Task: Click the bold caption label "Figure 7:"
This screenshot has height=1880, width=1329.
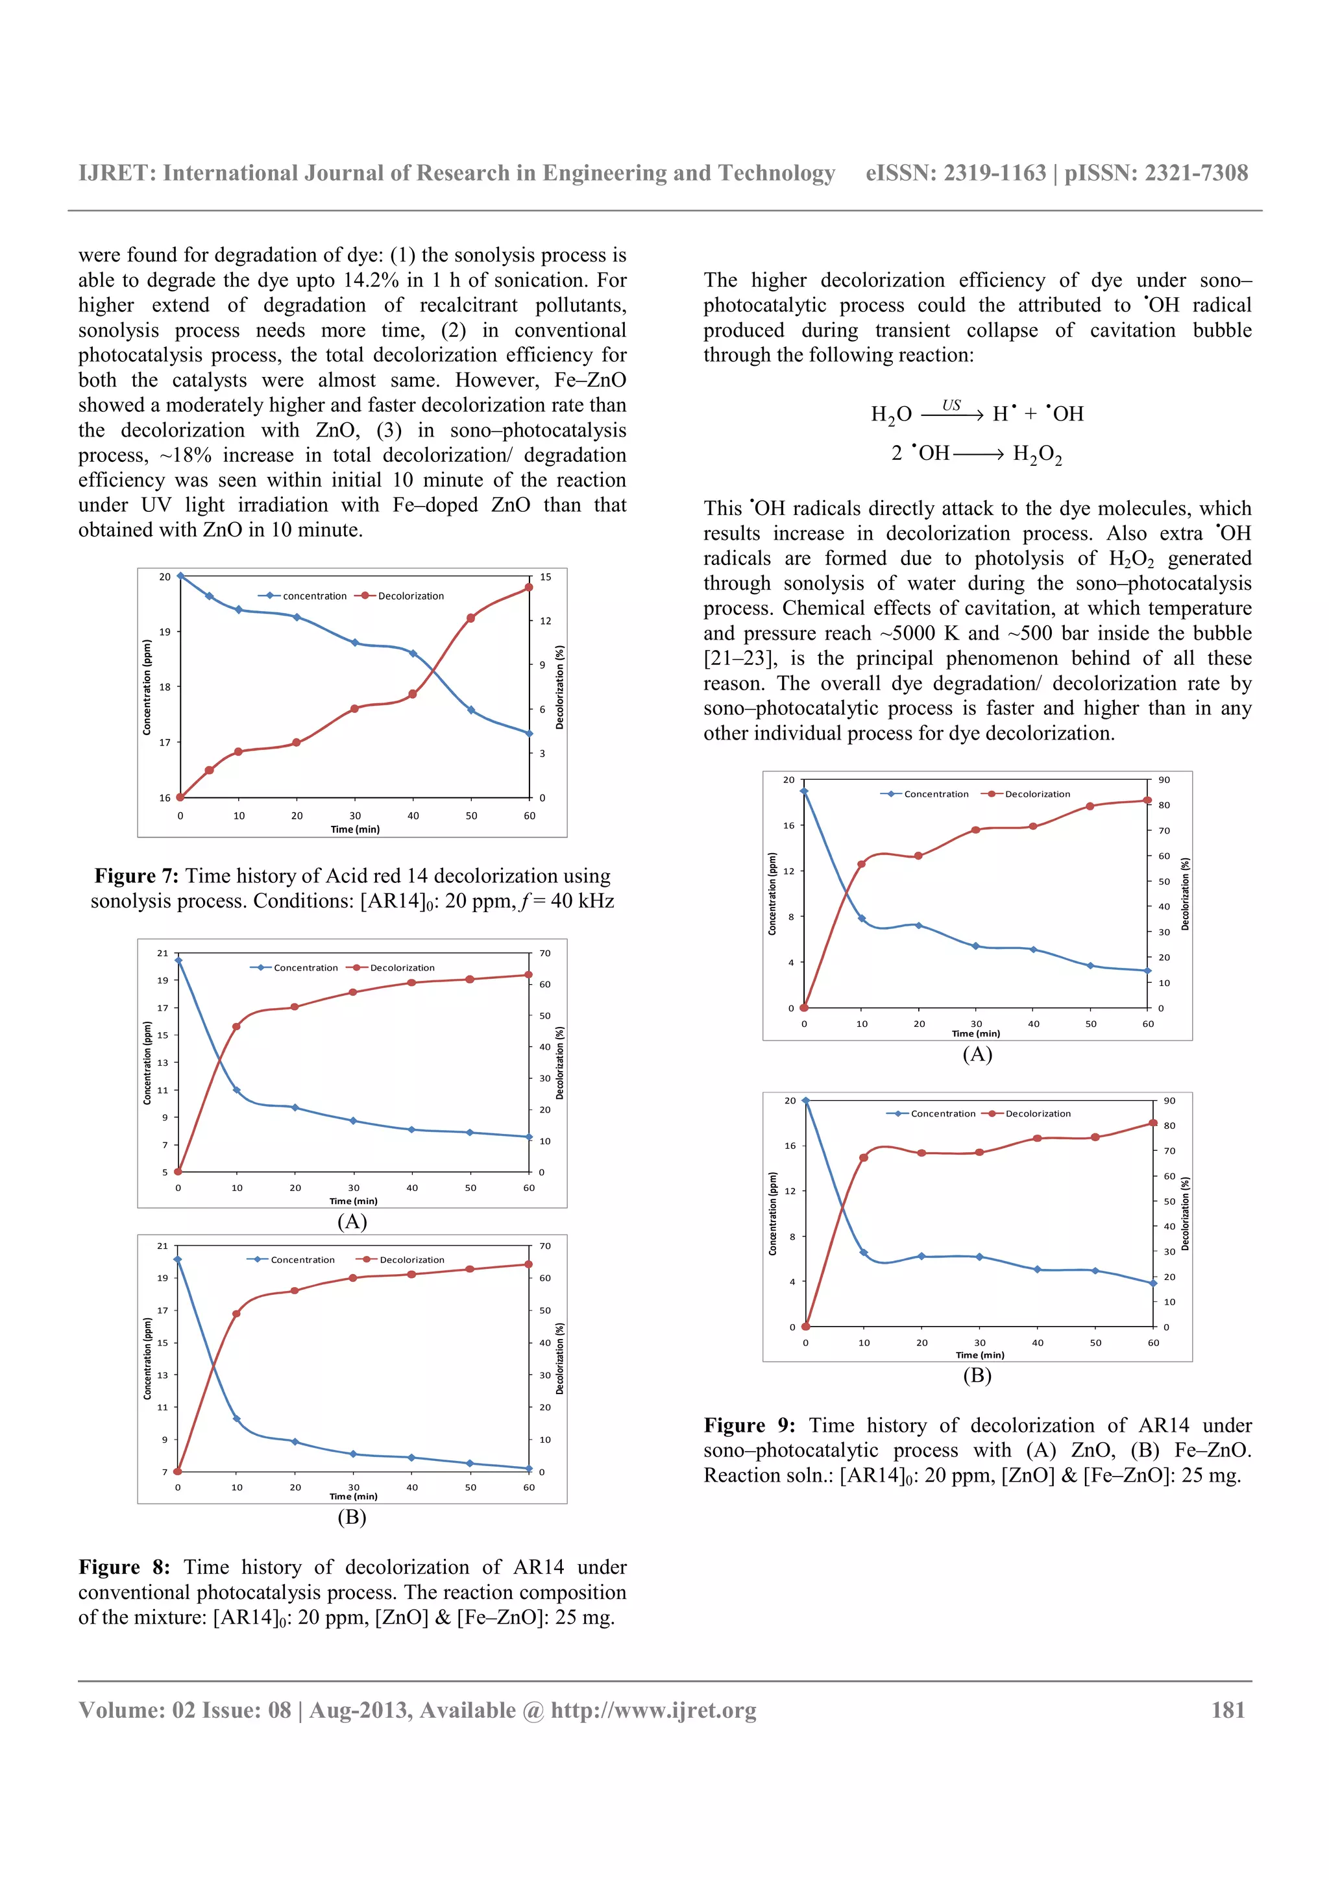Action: coord(136,876)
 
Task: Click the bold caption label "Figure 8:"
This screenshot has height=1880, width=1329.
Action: coord(124,1567)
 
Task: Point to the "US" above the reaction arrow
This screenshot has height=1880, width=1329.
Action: coord(951,405)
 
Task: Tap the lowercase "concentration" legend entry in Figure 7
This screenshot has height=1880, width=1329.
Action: coord(315,596)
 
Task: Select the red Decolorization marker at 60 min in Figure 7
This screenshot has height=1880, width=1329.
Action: coord(528,587)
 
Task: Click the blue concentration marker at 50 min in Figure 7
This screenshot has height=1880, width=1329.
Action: coord(471,710)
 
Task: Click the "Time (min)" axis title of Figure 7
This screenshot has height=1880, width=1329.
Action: coord(354,830)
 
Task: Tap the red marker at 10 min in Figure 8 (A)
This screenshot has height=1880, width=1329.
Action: coord(237,1026)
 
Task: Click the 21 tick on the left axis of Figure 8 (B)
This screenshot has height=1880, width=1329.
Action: coord(162,1246)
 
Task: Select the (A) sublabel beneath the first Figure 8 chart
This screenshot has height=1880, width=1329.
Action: coord(352,1222)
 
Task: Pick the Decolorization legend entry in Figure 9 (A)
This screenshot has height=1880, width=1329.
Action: coord(1037,794)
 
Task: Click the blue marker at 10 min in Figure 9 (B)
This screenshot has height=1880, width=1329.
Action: coord(864,1253)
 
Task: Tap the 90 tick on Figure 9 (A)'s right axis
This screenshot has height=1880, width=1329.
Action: coord(1164,780)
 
